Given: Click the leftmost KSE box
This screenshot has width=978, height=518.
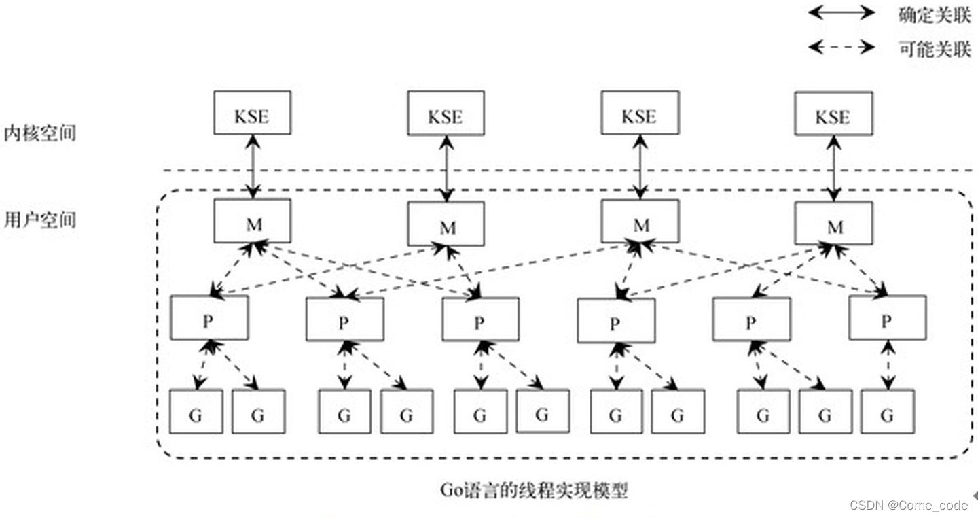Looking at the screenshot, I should pos(252,113).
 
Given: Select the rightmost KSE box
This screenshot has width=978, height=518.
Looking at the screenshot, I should pos(833,113).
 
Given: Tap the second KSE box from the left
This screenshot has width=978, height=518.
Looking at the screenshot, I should pos(446,113).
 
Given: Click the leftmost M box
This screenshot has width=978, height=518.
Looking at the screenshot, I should pos(252,222).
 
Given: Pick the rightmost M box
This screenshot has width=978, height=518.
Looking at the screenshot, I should pos(833,224).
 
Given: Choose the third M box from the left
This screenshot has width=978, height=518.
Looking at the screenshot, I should pos(639,222).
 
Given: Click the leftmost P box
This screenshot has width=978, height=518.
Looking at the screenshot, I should pos(209,317).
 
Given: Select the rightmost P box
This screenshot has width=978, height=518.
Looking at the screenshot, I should pos(887,317).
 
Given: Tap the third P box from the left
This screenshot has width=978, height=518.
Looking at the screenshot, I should pos(480,320).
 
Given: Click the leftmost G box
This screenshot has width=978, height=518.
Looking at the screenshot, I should pos(196,412).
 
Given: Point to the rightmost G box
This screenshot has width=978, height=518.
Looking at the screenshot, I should pos(887,412).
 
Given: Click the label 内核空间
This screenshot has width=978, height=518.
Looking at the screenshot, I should pos(39,133).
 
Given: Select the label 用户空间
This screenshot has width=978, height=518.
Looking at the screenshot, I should pos(39,220).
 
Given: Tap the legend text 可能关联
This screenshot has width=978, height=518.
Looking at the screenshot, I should pos(935,48).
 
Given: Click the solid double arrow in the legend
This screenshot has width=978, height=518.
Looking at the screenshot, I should pos(841,13).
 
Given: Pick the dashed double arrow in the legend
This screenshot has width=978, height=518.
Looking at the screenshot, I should pos(841,47).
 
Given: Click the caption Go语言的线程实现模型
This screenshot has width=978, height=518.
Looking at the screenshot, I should pos(533,490).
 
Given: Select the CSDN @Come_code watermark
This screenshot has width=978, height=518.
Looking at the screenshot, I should pos(909,505).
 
